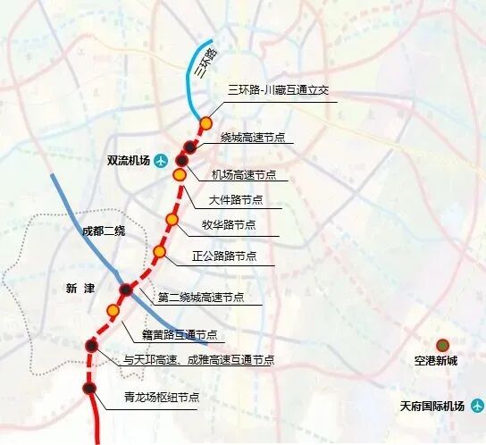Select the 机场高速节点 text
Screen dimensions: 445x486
tap(243, 174)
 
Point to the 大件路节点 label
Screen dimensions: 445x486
tap(235, 199)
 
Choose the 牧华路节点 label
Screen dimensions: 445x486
tap(230, 225)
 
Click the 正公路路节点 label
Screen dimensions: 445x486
tap(224, 256)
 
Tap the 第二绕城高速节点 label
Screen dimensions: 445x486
tap(200, 298)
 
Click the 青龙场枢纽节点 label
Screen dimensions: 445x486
tap(161, 397)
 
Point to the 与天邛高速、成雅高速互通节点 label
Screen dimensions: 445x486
tap(198, 360)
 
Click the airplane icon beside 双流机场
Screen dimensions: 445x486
tap(161, 161)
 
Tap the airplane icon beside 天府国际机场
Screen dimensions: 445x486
tap(476, 407)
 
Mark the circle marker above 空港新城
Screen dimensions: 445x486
tap(442, 345)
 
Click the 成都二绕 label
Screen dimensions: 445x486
tap(99, 231)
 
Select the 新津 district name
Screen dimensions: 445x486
tap(80, 288)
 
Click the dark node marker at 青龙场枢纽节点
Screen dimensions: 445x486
tap(89, 388)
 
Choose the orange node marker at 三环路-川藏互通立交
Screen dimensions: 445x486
tap(206, 123)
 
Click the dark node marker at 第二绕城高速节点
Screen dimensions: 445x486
tap(126, 290)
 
